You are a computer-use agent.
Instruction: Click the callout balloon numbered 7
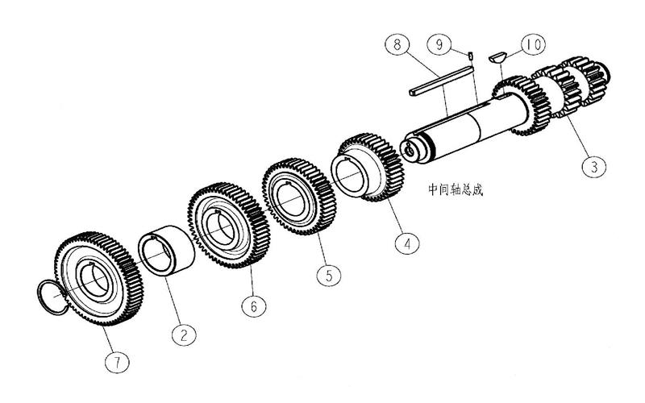pos(117,362)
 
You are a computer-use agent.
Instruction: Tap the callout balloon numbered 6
pos(253,305)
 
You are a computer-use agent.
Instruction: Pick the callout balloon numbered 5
pos(329,274)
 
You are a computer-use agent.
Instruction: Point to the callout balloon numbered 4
pos(407,243)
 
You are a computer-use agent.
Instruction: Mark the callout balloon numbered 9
pos(439,44)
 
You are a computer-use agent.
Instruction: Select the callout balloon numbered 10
pos(534,45)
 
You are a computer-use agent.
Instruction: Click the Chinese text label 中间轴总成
pos(456,189)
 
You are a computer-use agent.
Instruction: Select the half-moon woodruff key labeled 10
pos(497,56)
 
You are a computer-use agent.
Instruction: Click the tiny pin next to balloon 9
pos(471,55)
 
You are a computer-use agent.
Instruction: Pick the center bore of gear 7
pos(94,281)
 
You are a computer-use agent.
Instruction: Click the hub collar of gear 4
pos(355,176)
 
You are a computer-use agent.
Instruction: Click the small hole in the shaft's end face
pos(410,152)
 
